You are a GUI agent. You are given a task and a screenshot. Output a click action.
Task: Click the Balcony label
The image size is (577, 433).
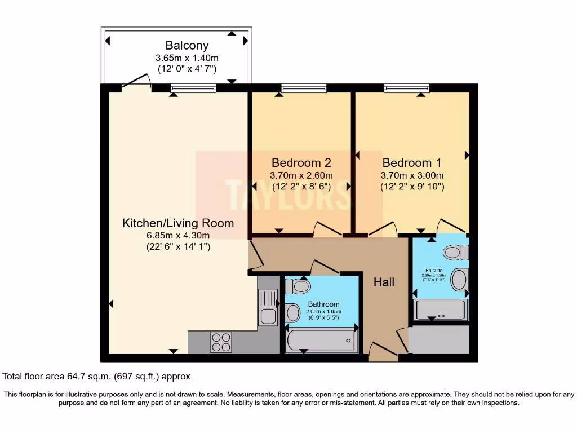[x=187, y=46]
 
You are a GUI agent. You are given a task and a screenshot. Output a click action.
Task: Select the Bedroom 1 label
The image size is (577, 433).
[x=412, y=162]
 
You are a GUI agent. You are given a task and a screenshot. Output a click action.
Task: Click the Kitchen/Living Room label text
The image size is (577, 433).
[x=178, y=223]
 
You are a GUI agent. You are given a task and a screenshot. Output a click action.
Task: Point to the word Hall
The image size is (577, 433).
[x=384, y=282]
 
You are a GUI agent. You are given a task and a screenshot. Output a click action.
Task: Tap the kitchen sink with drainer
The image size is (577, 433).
[x=268, y=307]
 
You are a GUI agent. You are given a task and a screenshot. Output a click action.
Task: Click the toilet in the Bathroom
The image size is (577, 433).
[x=298, y=287]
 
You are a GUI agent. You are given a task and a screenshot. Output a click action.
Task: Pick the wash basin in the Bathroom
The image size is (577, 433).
[x=293, y=312]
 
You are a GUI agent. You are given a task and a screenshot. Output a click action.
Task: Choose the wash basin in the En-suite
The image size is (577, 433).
[x=460, y=279]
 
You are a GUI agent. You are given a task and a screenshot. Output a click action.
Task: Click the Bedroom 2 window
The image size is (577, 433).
[x=304, y=87]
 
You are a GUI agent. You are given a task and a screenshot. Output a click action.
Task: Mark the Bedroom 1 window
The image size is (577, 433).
[x=407, y=87]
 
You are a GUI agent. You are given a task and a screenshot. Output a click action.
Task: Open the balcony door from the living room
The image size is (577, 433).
[x=136, y=83]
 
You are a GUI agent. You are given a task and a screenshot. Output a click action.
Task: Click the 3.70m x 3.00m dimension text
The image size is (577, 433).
[x=412, y=175]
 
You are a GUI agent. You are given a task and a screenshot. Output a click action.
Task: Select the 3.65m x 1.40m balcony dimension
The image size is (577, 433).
[x=187, y=58]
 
